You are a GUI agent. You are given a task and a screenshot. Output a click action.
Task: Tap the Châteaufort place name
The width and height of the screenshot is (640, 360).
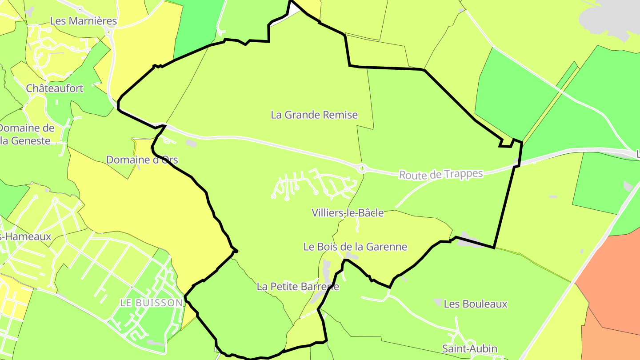(x=55, y=88)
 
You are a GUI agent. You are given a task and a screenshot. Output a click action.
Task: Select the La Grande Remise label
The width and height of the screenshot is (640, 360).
(x=314, y=115)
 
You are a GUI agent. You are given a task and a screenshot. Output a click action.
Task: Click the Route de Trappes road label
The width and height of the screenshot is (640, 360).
(x=440, y=174)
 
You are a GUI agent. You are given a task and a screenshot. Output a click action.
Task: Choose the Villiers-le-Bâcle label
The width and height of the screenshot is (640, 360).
(x=348, y=213)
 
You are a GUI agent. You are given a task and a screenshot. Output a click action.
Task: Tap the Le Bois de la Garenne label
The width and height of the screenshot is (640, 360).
(x=355, y=247)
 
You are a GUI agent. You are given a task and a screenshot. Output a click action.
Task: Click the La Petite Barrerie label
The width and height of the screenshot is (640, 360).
(x=298, y=287)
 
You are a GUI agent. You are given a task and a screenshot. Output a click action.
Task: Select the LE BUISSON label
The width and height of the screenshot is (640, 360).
(x=151, y=303)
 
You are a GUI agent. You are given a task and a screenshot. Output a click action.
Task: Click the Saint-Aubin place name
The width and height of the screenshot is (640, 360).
(x=469, y=348)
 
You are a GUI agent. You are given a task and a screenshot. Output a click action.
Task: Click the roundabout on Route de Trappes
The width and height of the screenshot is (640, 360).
(x=362, y=168)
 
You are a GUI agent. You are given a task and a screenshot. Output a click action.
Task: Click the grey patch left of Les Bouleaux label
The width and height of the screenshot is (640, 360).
(x=438, y=302)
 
